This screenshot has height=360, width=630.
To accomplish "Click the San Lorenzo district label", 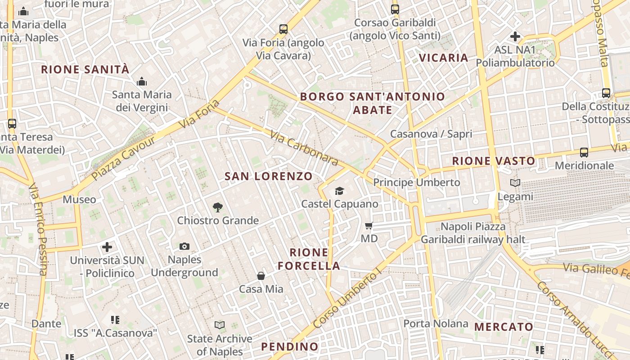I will [x=268, y=176].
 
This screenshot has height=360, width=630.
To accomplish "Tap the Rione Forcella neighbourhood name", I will [x=309, y=259].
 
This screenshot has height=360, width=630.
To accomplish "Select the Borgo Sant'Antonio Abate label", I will [x=372, y=103].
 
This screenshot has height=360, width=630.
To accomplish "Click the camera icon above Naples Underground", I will [x=184, y=246].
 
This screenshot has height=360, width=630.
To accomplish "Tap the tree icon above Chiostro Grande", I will [x=218, y=207].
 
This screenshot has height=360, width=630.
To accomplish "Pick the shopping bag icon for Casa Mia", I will [x=261, y=276].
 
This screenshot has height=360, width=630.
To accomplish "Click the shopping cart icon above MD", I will [x=369, y=225].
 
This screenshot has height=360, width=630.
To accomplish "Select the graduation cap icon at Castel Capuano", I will [x=339, y=191].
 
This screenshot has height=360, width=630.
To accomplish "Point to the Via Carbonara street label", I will [x=304, y=148].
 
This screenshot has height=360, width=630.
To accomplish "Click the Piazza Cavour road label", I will [x=123, y=158].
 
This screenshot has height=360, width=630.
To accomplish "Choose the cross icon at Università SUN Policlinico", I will [x=107, y=247].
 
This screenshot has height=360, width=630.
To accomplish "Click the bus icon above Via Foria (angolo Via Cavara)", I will [x=283, y=29].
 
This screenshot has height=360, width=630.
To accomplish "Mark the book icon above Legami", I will [x=515, y=183].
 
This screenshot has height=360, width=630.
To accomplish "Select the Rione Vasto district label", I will [x=494, y=161].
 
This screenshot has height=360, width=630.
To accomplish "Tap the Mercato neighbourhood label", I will [x=504, y=327].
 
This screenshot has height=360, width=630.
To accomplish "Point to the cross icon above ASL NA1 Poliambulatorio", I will [x=515, y=36].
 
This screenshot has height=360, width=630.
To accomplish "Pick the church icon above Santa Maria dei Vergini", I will [x=142, y=82].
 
